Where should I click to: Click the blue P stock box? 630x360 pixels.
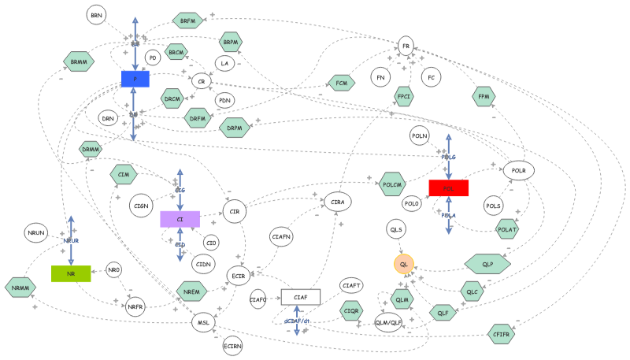(135, 79)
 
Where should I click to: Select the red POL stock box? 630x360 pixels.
(449, 187)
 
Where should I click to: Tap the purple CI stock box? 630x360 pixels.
(180, 219)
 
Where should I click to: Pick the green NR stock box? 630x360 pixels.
(71, 273)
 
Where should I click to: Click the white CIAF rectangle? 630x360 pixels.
(301, 297)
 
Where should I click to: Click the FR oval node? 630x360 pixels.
(406, 46)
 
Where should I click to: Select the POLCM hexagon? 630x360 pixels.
(392, 184)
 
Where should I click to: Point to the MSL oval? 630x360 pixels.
(204, 321)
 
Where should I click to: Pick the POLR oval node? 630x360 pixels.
(518, 170)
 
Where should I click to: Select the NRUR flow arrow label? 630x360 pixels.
(72, 240)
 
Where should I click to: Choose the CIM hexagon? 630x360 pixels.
(122, 174)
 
